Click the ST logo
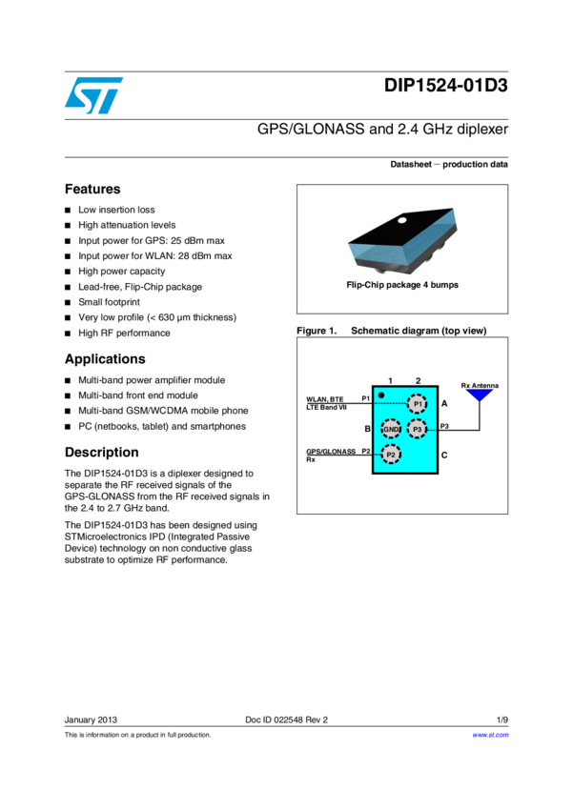click(x=93, y=95)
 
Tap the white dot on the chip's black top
click(x=402, y=221)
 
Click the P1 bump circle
click(x=417, y=404)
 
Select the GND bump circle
click(x=391, y=429)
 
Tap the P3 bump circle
click(x=417, y=429)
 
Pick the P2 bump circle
click(x=391, y=455)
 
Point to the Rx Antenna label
click(x=480, y=385)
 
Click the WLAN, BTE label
click(x=325, y=399)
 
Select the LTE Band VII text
click(x=326, y=408)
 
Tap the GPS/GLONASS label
click(x=331, y=451)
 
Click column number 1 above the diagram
click(x=391, y=381)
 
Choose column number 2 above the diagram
click(x=418, y=381)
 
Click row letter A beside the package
click(x=444, y=404)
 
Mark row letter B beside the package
click(x=367, y=429)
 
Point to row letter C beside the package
click(x=444, y=456)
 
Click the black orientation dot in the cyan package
click(x=381, y=395)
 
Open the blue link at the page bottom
click(x=490, y=736)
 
